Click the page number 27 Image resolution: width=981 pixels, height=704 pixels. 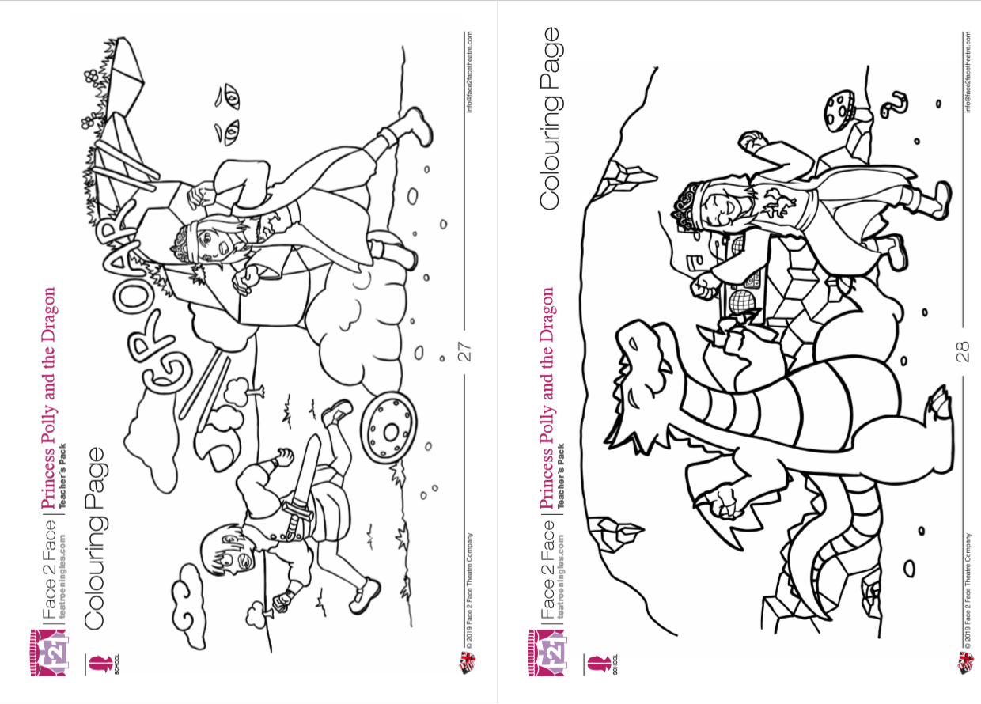(x=464, y=351)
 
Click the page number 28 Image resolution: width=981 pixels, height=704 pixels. (x=963, y=351)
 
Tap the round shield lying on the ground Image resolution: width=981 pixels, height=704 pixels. (x=388, y=428)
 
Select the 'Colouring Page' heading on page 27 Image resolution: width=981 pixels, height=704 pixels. (x=95, y=539)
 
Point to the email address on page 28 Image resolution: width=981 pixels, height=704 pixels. (x=967, y=72)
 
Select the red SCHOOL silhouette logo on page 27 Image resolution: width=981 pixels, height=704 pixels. (x=100, y=664)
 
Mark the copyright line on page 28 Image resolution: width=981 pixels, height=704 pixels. (x=967, y=590)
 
